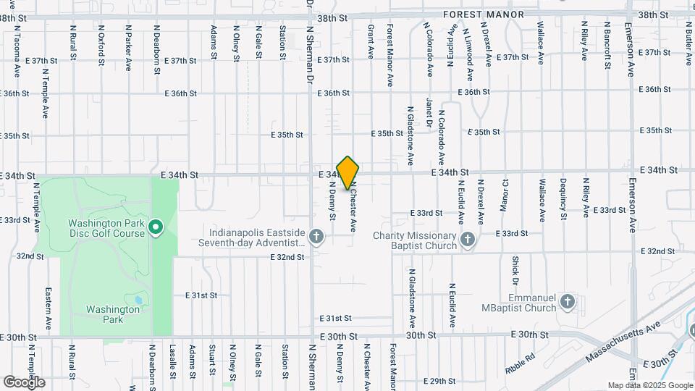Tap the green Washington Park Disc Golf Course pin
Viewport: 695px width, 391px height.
155,229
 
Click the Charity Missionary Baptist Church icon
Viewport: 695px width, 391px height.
468,239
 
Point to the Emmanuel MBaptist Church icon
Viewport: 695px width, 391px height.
567,302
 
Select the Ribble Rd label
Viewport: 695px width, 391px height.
521,363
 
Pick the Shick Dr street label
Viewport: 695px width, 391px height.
515,270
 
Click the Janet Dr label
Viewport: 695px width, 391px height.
429,113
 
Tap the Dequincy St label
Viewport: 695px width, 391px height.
563,198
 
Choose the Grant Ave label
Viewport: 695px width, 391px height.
370,41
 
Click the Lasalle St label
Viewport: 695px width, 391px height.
173,361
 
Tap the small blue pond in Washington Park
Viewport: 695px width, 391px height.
138,299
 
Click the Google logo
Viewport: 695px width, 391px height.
24,382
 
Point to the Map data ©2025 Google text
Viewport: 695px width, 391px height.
649,385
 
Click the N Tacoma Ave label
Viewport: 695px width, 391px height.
16,57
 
